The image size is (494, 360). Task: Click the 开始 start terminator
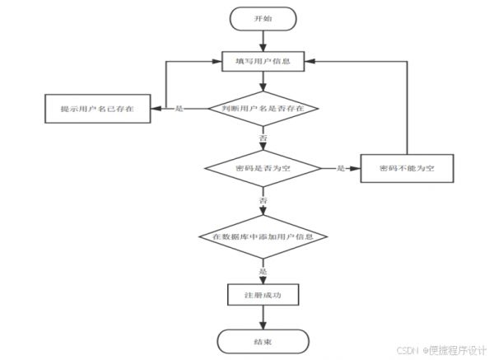(263, 19)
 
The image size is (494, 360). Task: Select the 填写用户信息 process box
(263, 62)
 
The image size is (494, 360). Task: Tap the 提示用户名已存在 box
(98, 109)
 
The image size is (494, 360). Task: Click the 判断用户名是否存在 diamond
(263, 109)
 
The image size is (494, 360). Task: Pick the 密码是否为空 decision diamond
(263, 168)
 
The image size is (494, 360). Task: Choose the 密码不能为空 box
(407, 168)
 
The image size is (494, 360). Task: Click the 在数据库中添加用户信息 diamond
(263, 236)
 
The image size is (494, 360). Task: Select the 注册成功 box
(263, 295)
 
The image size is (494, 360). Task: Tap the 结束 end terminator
(263, 342)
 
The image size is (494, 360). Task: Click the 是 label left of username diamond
(179, 109)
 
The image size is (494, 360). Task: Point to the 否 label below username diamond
(263, 138)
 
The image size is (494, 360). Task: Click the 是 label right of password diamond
(341, 168)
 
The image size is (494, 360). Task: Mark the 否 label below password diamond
(263, 200)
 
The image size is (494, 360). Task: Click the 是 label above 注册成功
(263, 271)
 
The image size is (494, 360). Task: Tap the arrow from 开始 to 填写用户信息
(263, 41)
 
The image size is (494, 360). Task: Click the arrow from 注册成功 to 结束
(263, 317)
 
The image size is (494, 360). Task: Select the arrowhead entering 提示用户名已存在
(156, 109)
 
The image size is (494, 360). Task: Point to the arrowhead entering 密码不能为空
(356, 168)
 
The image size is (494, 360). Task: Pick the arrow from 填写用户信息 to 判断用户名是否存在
(263, 82)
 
